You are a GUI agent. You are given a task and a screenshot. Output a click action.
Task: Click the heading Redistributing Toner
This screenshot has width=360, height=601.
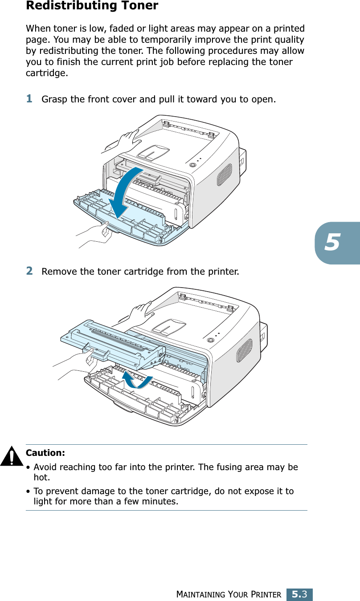click(x=92, y=6)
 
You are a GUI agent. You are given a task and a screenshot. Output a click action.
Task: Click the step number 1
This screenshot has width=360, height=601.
click(x=29, y=98)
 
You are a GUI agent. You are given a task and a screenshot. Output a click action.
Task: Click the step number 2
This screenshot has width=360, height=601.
click(x=29, y=270)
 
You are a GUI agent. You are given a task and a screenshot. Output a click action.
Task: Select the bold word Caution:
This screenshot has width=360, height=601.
click(x=45, y=453)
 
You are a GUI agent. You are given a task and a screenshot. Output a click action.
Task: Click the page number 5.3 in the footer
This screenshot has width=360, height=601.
click(x=299, y=594)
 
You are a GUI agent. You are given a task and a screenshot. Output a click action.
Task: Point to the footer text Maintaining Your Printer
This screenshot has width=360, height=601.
click(x=229, y=595)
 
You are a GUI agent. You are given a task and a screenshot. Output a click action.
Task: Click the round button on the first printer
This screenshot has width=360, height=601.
click(x=193, y=165)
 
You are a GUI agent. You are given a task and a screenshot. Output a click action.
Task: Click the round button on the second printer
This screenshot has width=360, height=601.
click(x=211, y=340)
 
